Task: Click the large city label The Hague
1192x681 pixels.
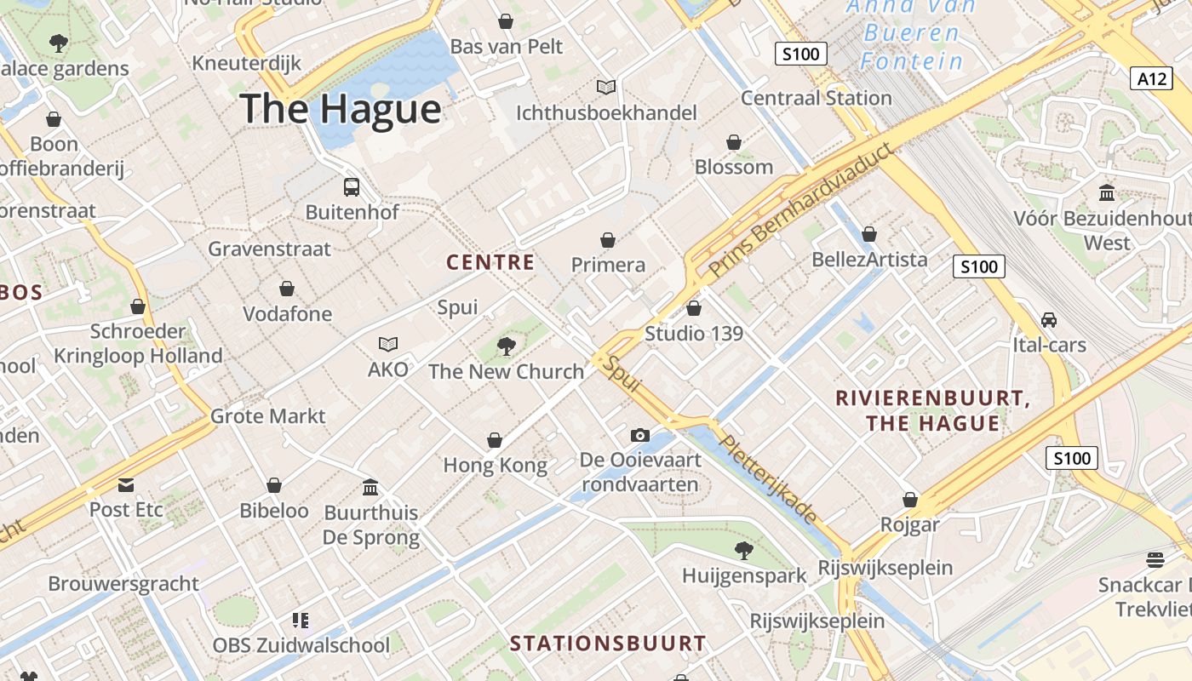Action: coord(341,109)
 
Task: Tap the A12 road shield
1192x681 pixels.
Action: coord(1152,78)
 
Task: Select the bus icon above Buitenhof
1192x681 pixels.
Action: coord(351,186)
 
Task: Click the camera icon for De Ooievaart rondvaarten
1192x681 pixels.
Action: coord(640,435)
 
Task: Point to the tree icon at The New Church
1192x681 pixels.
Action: coord(507,346)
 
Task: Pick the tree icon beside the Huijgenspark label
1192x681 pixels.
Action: coord(744,551)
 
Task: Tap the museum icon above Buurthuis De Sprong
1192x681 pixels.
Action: coord(370,488)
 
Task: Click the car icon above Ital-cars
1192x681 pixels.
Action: coord(1049,320)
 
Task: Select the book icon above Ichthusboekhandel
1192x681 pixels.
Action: coord(606,87)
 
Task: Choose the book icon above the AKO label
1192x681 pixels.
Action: coord(388,344)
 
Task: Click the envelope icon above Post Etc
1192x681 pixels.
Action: coord(126,485)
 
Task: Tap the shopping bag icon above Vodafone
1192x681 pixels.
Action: coord(287,289)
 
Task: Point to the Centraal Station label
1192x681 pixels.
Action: coord(816,98)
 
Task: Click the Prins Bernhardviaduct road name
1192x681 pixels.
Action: coord(802,210)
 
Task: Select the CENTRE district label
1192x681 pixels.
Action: coord(490,262)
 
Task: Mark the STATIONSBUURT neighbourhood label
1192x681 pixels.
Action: coord(608,644)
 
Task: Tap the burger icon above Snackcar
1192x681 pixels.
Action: coord(1155,559)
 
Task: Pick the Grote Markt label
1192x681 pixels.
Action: coord(267,416)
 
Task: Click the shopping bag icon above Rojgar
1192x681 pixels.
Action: coord(910,500)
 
